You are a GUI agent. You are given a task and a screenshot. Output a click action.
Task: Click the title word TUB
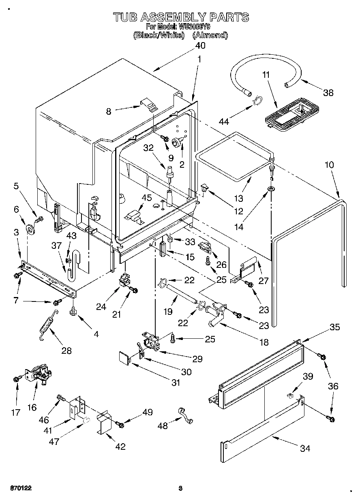click(125, 17)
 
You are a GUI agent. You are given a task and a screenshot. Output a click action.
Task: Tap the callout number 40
click(200, 45)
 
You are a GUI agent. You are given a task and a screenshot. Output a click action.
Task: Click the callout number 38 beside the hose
click(328, 93)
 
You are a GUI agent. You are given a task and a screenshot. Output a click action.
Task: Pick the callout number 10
click(329, 165)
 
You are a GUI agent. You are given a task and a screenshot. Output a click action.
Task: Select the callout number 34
click(304, 448)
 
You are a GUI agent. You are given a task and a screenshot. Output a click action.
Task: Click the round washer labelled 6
click(30, 230)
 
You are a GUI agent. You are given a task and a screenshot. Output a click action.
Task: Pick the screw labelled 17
click(16, 379)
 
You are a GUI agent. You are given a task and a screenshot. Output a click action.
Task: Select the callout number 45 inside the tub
click(147, 198)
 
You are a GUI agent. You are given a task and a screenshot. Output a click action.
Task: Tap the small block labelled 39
click(291, 394)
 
